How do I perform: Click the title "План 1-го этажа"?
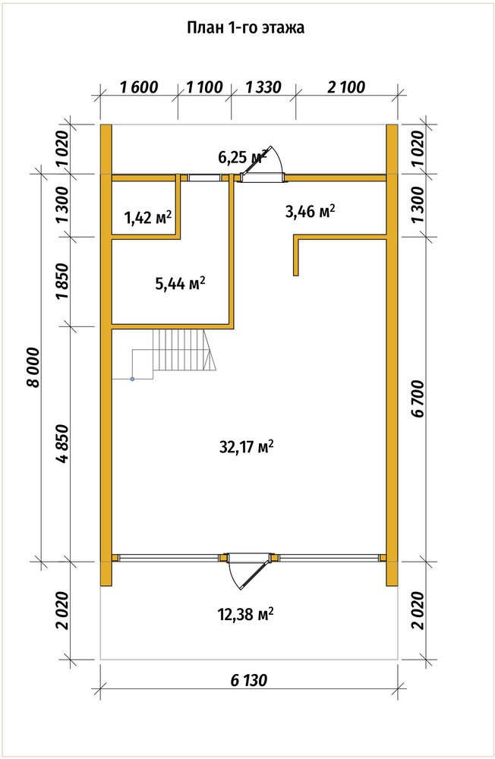(245, 27)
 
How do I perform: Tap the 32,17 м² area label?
(247, 446)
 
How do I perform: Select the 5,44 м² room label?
(180, 283)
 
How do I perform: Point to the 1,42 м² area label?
(148, 218)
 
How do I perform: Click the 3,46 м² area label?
(311, 212)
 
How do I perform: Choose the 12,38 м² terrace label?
(246, 615)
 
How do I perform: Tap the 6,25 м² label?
(242, 156)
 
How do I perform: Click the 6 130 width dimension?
(248, 680)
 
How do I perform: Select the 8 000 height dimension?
(33, 367)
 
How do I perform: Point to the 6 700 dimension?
(418, 398)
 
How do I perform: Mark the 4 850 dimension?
(64, 444)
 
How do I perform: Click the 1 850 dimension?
(64, 282)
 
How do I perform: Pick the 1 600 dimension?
(138, 87)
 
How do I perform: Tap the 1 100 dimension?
(204, 87)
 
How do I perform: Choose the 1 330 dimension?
(263, 87)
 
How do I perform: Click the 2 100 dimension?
(346, 87)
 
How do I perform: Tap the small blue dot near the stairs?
(132, 379)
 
